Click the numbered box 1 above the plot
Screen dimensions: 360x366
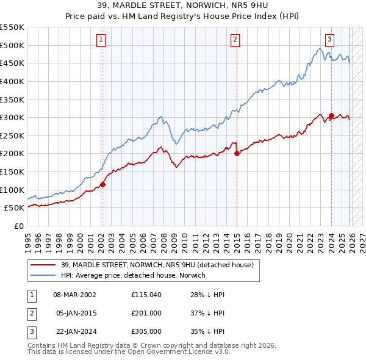click(x=101, y=40)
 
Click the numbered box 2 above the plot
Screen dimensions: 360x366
click(x=235, y=40)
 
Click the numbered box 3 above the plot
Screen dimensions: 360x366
click(x=329, y=40)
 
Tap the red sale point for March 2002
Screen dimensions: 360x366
click(x=102, y=184)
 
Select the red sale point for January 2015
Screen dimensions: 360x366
click(x=237, y=153)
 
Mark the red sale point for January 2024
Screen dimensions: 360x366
click(x=331, y=115)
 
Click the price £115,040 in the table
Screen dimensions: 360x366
click(x=146, y=295)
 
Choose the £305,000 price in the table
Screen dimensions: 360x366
click(x=146, y=331)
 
